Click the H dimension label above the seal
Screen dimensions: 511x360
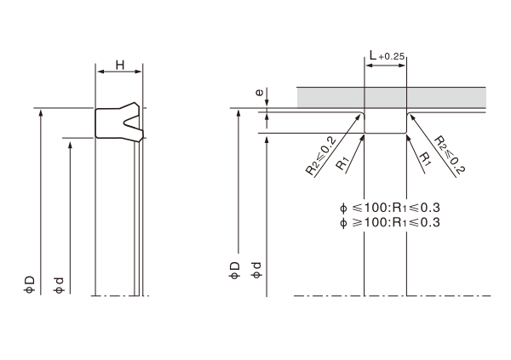(x=120, y=66)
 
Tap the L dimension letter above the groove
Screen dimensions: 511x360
(x=373, y=55)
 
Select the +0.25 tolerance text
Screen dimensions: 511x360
(x=392, y=57)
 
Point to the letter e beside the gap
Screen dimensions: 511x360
(x=259, y=93)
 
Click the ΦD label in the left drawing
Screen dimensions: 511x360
(x=29, y=285)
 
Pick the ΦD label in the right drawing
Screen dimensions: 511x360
(x=234, y=271)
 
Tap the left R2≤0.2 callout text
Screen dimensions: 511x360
(x=321, y=157)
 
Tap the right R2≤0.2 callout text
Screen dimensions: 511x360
(x=450, y=155)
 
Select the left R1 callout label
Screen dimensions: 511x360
(x=342, y=163)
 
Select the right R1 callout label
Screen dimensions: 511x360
(x=425, y=158)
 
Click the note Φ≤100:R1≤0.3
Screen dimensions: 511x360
(x=389, y=208)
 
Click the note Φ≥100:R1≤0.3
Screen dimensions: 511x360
(x=389, y=222)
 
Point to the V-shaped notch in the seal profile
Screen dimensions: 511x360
(x=131, y=123)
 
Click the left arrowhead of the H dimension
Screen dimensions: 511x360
(x=100, y=71)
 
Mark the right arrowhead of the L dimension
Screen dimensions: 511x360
(x=402, y=66)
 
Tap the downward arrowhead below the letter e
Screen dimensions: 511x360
(x=267, y=103)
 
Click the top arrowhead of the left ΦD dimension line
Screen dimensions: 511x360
(x=41, y=112)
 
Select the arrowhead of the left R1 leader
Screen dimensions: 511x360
(x=362, y=139)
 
